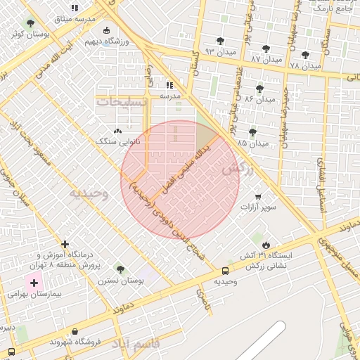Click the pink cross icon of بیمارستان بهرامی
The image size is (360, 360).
34,283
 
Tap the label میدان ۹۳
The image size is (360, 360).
219,51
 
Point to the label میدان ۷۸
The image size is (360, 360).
304,65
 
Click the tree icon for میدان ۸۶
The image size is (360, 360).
259,89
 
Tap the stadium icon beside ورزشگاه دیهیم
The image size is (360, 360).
106,30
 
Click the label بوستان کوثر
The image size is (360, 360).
27,34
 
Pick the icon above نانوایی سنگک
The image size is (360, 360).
117,130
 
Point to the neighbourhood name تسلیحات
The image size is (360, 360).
123,102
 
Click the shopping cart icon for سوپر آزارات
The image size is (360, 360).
258,196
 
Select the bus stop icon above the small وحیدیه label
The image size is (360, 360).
225,271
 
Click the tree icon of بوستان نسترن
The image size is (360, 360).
120,269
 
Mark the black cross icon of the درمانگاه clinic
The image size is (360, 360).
65,244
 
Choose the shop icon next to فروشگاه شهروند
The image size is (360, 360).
75,331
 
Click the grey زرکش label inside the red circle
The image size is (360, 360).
237,169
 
